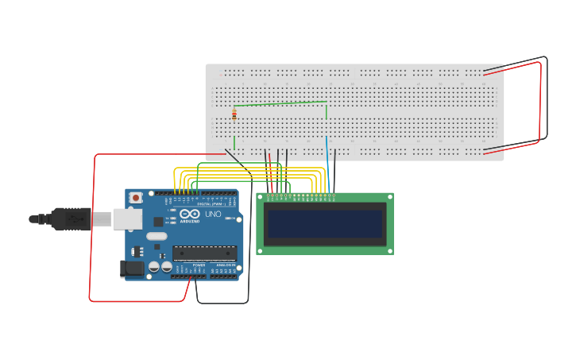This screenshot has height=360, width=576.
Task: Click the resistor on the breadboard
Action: point(234,115)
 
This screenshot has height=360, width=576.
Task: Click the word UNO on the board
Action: point(213,215)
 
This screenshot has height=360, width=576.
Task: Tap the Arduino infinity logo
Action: point(190,215)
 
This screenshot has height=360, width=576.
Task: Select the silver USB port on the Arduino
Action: point(126,219)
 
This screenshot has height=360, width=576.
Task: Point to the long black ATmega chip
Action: point(205,254)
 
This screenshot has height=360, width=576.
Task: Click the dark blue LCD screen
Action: point(325,224)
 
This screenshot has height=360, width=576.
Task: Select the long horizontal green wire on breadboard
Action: point(280,103)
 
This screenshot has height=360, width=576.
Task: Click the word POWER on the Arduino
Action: point(199,265)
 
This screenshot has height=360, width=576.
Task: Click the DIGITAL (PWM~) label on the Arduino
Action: point(210,204)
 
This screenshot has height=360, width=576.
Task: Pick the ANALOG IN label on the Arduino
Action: point(226,265)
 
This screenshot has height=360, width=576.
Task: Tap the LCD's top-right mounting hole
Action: point(389,197)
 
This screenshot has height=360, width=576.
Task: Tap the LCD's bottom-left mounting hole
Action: point(260,250)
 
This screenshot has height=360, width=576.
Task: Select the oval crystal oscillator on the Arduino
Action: point(157,236)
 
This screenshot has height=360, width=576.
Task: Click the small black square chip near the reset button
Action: point(158,222)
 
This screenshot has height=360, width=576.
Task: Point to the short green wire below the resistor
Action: point(234,142)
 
